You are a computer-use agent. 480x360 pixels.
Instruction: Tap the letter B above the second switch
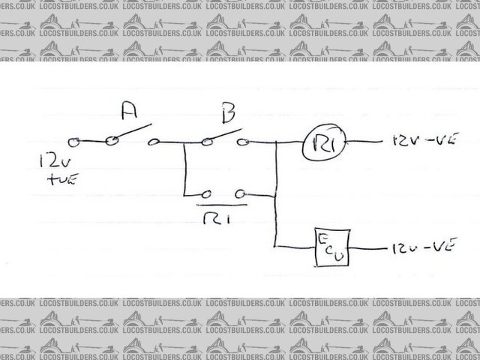[228, 115]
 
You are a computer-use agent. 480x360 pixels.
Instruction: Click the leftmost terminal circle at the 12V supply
[73, 142]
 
